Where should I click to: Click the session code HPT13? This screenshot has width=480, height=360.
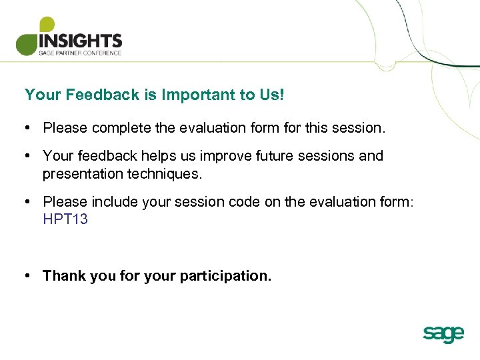[x=65, y=219]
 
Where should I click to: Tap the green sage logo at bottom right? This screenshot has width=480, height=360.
[x=443, y=333]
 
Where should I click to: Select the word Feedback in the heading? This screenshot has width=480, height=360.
[x=103, y=95]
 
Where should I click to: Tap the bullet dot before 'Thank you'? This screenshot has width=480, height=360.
[x=27, y=276]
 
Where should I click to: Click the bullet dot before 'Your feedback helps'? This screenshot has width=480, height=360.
[x=27, y=156]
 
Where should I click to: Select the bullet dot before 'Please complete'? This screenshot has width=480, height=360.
[x=27, y=127]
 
